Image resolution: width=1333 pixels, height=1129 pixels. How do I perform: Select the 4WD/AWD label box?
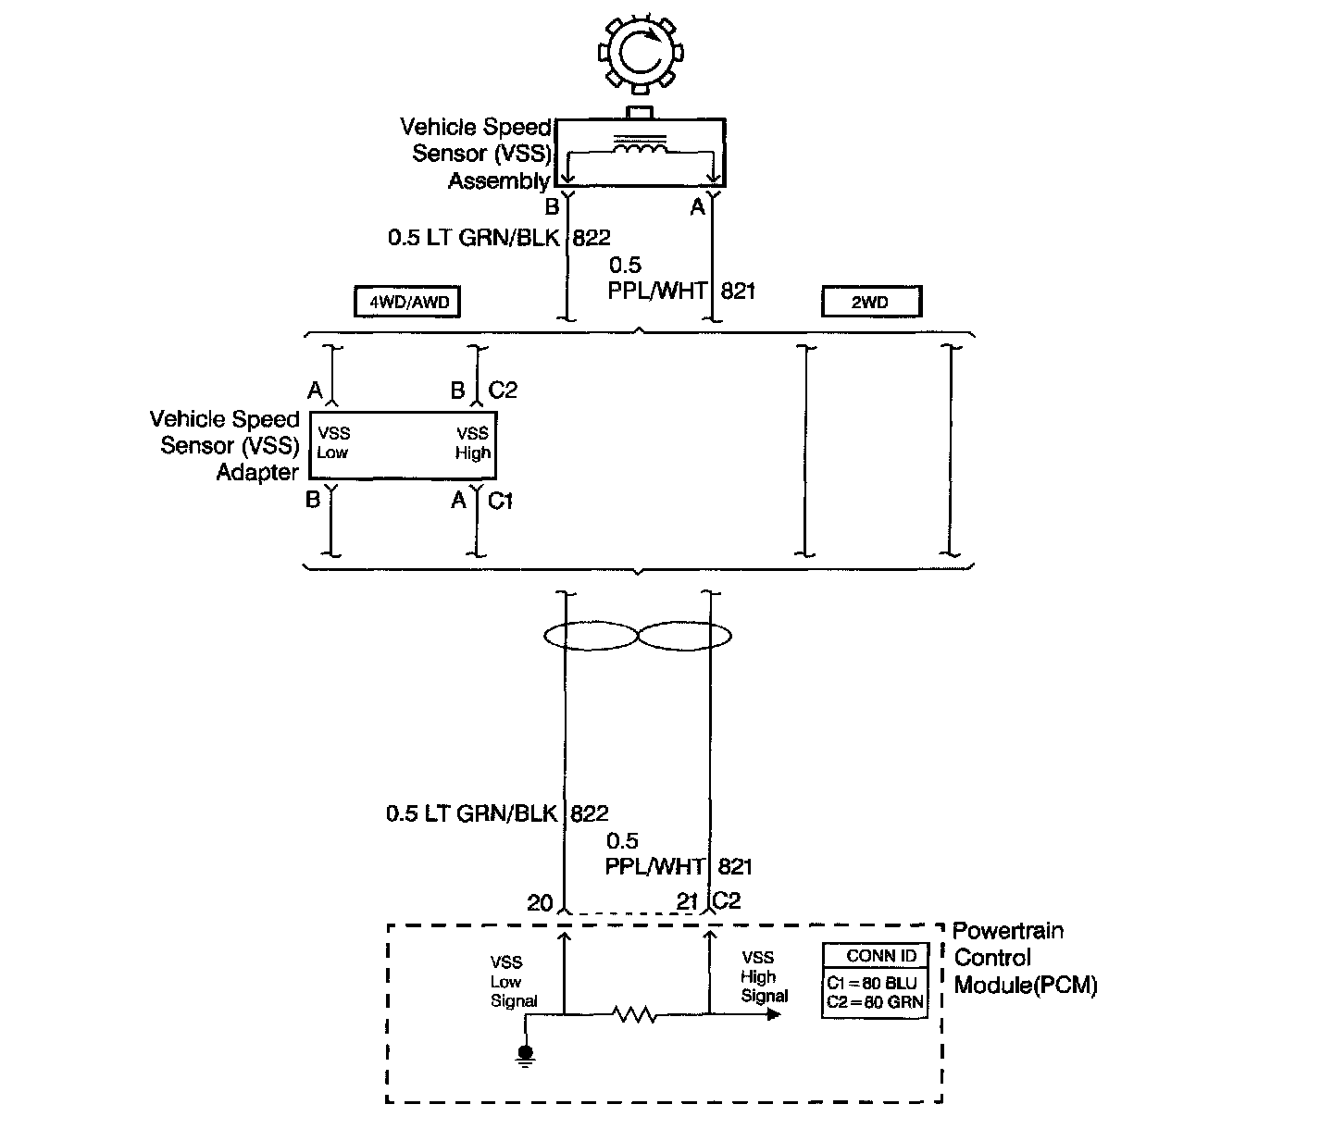tap(407, 302)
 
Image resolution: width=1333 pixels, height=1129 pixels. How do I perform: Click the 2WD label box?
tap(871, 302)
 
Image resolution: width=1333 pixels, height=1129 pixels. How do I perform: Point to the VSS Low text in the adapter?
tap(333, 442)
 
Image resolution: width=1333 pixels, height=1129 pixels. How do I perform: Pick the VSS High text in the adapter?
tap(472, 442)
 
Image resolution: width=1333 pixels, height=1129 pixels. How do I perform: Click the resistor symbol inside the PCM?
tap(635, 1014)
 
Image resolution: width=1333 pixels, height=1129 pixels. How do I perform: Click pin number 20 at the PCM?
tap(540, 902)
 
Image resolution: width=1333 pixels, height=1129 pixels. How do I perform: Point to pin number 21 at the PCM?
tap(686, 902)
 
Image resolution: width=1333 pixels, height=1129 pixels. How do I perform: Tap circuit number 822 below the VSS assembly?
tap(592, 238)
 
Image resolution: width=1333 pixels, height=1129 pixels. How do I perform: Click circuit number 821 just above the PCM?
tap(735, 867)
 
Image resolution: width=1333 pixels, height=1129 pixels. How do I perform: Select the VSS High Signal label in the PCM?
tap(764, 976)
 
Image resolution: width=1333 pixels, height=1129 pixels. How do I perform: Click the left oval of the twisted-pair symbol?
tap(591, 636)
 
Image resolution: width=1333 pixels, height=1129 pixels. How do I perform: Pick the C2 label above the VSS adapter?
tap(503, 391)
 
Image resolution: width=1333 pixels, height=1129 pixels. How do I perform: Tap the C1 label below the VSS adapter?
tap(500, 502)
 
